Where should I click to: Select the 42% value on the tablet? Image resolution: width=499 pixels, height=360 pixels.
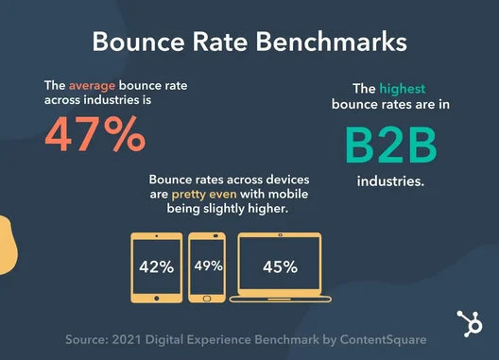tap(156, 266)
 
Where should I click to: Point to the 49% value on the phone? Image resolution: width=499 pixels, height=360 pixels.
tap(208, 266)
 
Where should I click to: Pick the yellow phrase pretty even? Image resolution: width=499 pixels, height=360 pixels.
tap(204, 195)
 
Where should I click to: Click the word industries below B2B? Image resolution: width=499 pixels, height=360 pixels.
tap(390, 179)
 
